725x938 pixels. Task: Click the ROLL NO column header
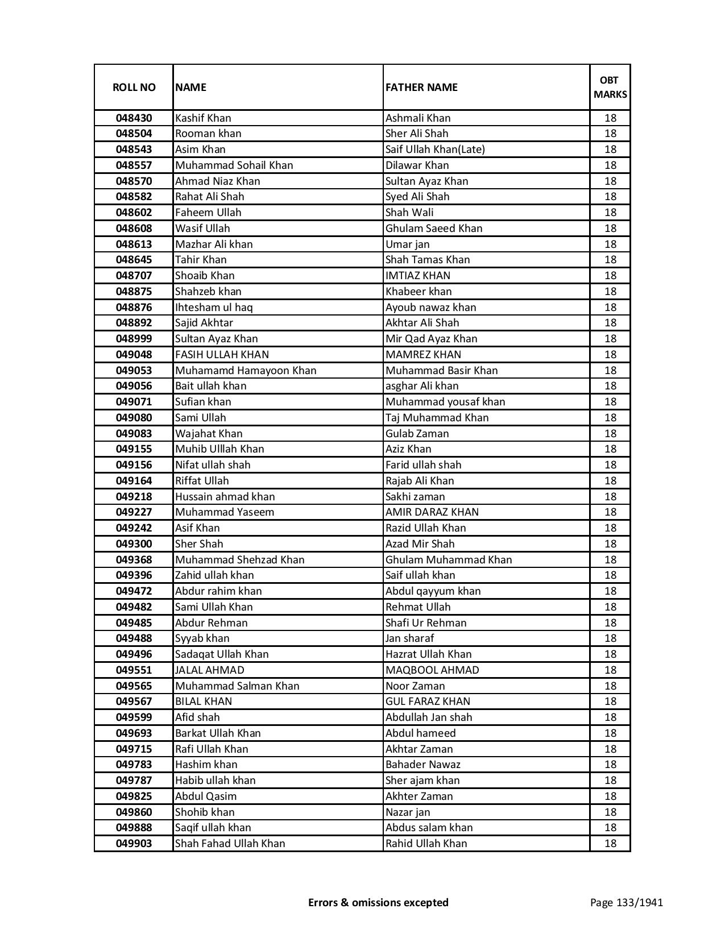(x=134, y=88)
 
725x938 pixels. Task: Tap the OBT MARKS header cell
(x=610, y=88)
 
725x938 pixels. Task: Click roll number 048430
(x=134, y=118)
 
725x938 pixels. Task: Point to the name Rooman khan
(x=208, y=134)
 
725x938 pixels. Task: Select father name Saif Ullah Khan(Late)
(x=435, y=150)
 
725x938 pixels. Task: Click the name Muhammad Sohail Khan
(x=234, y=165)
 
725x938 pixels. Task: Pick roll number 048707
(x=134, y=276)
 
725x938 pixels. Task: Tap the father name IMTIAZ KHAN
(x=418, y=276)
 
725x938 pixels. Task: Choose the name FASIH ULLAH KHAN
(x=222, y=355)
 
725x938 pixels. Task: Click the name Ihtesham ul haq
(x=214, y=308)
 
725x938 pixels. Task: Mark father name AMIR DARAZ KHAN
(x=432, y=512)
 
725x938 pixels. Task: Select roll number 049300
(x=134, y=544)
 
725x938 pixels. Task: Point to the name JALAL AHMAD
(x=210, y=670)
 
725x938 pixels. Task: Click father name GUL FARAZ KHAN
(x=428, y=702)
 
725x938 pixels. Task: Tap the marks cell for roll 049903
(x=610, y=844)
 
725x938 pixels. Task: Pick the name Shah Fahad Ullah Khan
(x=230, y=844)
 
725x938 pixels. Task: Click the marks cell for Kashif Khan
(x=610, y=118)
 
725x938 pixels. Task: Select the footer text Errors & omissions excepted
(x=378, y=902)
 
